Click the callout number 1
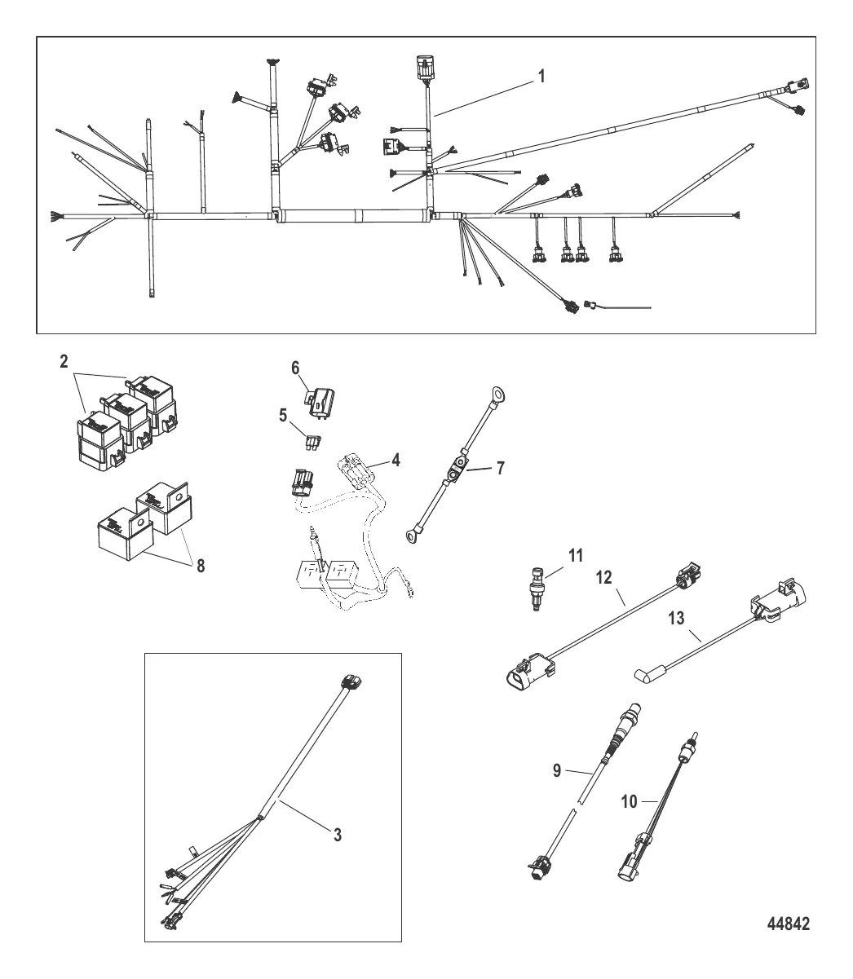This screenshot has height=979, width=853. pos(541,76)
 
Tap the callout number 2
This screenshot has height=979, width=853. pos(64,362)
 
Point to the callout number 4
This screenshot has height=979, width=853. pos(396,461)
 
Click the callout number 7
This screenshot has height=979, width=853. pos(500,468)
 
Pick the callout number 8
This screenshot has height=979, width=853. pos(201,566)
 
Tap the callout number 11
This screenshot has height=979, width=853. pos(576,556)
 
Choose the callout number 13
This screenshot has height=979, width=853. pos(676,619)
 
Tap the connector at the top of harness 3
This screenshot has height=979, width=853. pos(351,681)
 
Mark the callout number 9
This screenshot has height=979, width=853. pos(556,771)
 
